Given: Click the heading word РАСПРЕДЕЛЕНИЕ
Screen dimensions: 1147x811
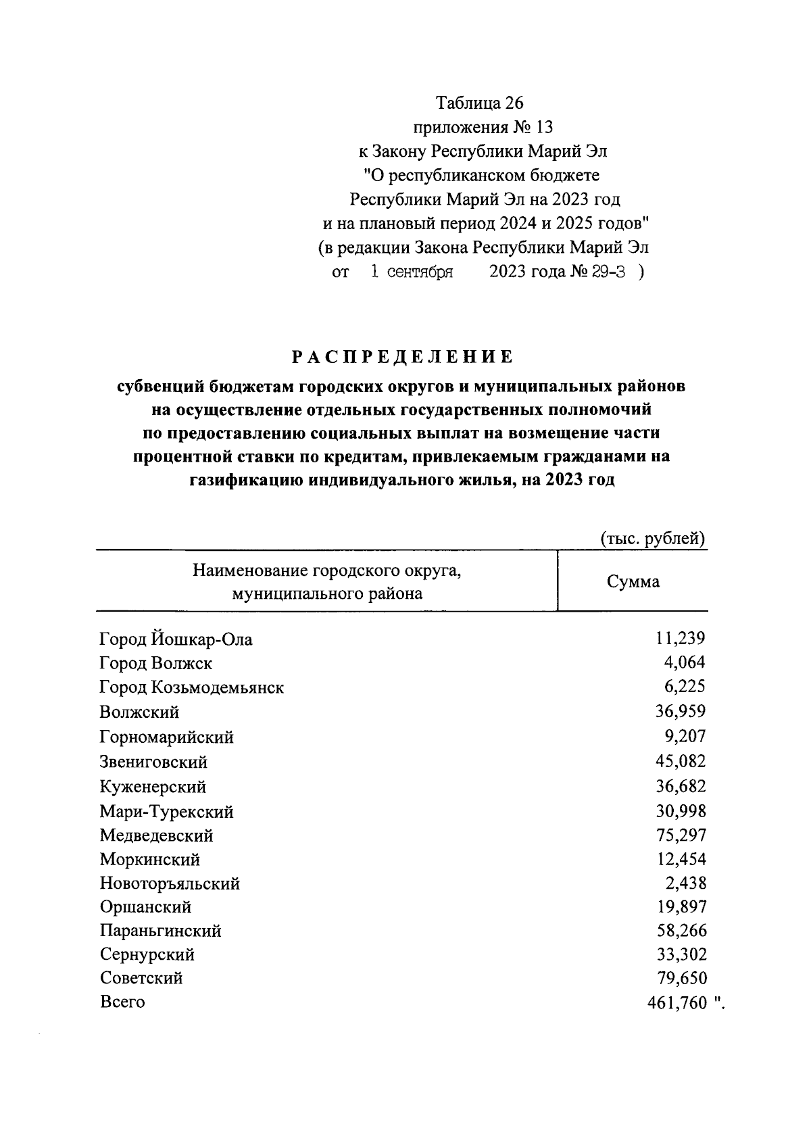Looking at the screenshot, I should (x=403, y=356).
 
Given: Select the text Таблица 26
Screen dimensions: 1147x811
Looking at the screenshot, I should (x=479, y=103).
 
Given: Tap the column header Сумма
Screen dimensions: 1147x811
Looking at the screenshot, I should (x=633, y=581).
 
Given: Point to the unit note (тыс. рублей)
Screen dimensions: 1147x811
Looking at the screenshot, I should (x=653, y=539).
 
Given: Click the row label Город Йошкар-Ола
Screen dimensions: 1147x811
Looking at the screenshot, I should (x=176, y=639).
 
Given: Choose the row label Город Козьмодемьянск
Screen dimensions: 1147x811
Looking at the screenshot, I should (x=191, y=687).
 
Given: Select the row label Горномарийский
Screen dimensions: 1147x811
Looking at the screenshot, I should (x=166, y=737).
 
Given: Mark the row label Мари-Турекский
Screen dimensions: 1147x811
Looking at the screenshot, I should (x=166, y=811).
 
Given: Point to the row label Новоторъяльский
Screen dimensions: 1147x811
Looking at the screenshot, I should (x=170, y=883).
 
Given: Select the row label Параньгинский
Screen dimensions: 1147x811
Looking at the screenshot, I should (x=160, y=931).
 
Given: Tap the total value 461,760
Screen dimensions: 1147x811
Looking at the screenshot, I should (x=677, y=1002).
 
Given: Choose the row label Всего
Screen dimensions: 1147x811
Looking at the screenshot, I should (x=122, y=1002).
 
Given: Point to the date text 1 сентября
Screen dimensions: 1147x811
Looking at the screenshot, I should (x=411, y=272).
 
